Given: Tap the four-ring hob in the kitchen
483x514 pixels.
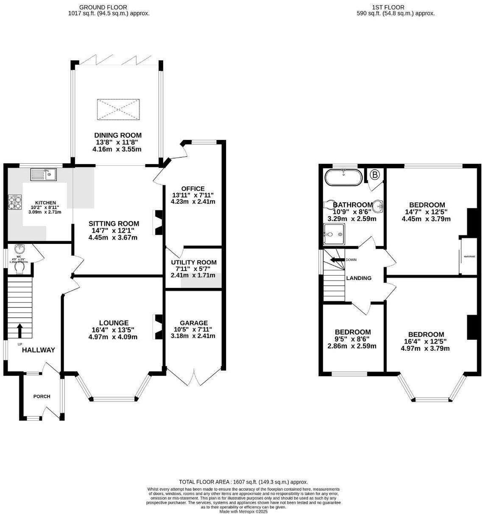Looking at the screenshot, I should [x=15, y=202].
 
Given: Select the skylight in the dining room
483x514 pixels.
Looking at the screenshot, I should [x=118, y=110].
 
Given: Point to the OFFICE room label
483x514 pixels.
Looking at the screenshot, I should [x=193, y=189].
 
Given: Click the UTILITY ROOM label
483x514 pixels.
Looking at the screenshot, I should [x=193, y=263].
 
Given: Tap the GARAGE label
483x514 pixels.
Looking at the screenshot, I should [x=193, y=323].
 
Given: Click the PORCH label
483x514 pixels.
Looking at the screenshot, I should [x=42, y=397].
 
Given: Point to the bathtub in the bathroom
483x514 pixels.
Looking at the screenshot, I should [x=343, y=177].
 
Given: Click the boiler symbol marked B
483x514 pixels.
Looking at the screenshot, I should [x=374, y=174].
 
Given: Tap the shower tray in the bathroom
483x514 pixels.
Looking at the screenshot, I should [x=334, y=235].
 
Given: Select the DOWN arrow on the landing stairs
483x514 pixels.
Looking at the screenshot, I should [x=338, y=260].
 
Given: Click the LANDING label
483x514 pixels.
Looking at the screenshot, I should [x=359, y=278].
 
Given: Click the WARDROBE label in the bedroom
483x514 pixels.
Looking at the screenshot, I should [x=469, y=257].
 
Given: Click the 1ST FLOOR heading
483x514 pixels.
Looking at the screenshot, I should [x=388, y=7].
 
